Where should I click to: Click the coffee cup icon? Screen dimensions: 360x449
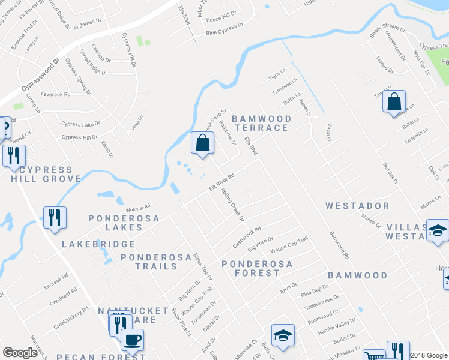pyautogui.click(x=132, y=340)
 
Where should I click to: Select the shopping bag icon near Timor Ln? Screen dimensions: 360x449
pyautogui.click(x=394, y=102)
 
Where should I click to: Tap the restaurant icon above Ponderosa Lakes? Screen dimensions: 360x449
pyautogui.click(x=55, y=218)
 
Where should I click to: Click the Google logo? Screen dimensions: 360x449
pyautogui.click(x=20, y=353)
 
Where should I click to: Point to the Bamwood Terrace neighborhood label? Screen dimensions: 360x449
pyautogui.click(x=261, y=123)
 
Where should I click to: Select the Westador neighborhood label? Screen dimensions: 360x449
pyautogui.click(x=357, y=206)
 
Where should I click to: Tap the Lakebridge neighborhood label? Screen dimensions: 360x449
pyautogui.click(x=99, y=245)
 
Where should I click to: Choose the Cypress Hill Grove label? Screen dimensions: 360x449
pyautogui.click(x=46, y=174)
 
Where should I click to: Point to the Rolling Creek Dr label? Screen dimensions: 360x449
pyautogui.click(x=232, y=205)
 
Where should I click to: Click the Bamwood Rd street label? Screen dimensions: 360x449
pyautogui.click(x=339, y=245)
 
